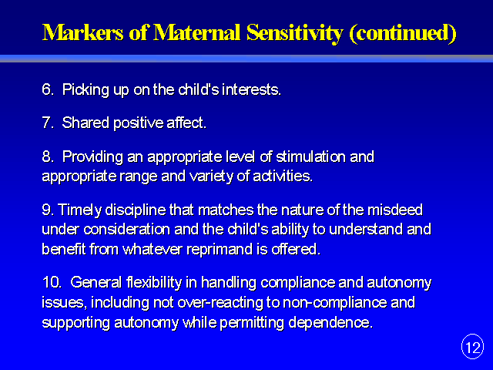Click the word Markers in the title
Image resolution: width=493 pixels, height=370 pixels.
coord(83,32)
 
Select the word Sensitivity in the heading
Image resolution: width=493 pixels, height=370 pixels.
coord(294,33)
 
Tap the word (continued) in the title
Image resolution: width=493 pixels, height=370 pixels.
coord(403,33)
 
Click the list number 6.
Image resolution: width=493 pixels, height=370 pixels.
coord(48,89)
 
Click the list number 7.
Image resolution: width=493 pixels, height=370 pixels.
coord(48,123)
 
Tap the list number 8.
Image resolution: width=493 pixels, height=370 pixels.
coord(48,156)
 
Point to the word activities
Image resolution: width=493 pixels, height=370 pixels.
coord(283,176)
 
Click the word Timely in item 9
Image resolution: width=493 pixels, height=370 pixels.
coord(79,210)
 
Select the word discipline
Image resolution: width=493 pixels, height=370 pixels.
coord(136,210)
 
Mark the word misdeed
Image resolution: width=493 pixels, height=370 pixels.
coord(395,210)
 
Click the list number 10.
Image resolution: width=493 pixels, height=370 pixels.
coord(52,282)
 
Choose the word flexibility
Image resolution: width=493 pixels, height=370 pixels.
coord(154,283)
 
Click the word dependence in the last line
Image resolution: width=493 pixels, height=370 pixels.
coord(330,323)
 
